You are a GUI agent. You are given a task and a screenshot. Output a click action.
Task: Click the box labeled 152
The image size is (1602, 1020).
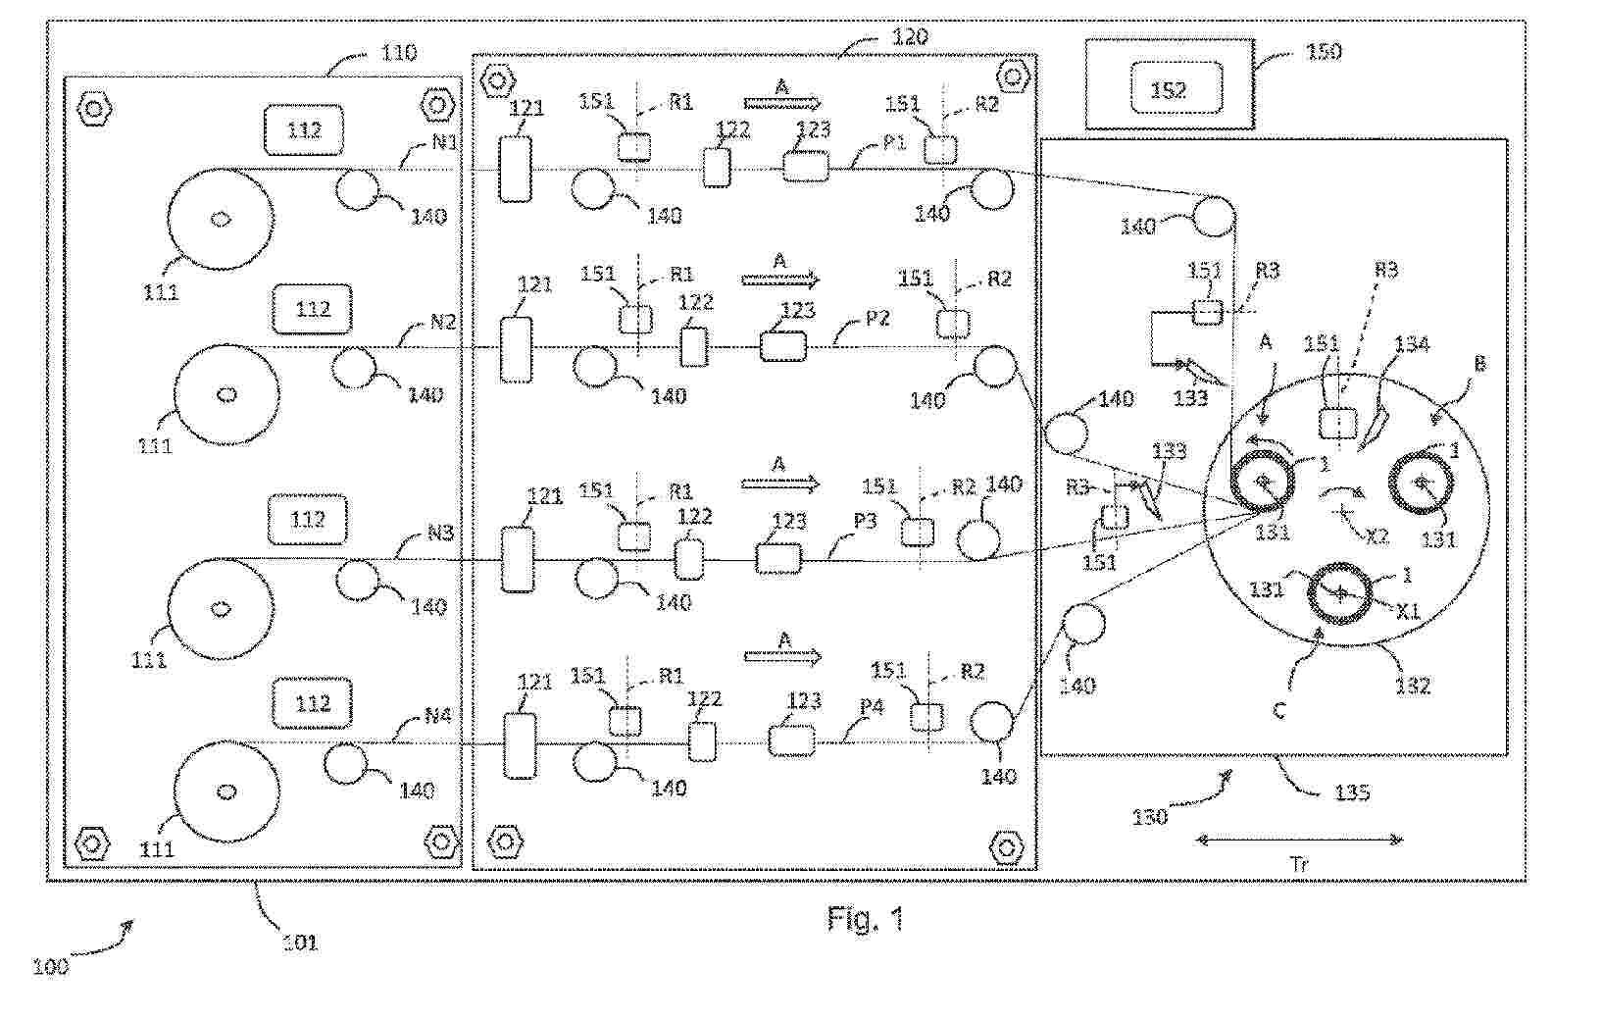pyautogui.click(x=1169, y=89)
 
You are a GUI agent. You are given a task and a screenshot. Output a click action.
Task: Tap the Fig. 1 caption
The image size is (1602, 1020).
pyautogui.click(x=865, y=919)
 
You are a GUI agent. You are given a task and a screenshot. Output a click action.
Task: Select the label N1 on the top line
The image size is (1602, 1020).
pyautogui.click(x=444, y=142)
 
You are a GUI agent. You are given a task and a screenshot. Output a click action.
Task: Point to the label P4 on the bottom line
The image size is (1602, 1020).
pyautogui.click(x=871, y=707)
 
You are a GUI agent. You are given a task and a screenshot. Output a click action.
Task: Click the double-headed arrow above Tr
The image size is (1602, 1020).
pyautogui.click(x=1299, y=840)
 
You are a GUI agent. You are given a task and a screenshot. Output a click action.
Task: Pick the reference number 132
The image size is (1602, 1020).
pyautogui.click(x=1413, y=686)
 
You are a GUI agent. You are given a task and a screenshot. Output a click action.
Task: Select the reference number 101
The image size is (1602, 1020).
pyautogui.click(x=299, y=943)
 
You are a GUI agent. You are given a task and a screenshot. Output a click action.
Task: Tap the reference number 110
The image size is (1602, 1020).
pyautogui.click(x=398, y=52)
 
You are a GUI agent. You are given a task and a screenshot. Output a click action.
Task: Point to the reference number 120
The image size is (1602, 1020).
pyautogui.click(x=909, y=37)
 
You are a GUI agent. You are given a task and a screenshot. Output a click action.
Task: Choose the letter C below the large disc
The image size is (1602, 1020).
pyautogui.click(x=1278, y=711)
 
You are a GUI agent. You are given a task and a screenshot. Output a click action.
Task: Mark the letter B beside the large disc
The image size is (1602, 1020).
pyautogui.click(x=1479, y=364)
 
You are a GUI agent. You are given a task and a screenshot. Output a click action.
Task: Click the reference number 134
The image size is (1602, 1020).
pyautogui.click(x=1412, y=343)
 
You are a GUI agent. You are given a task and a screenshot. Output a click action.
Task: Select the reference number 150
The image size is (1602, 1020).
pyautogui.click(x=1324, y=51)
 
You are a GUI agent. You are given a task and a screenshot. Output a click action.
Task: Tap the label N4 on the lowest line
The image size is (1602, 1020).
pyautogui.click(x=437, y=716)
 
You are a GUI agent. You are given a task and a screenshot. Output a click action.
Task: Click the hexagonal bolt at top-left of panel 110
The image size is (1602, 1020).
pyautogui.click(x=94, y=107)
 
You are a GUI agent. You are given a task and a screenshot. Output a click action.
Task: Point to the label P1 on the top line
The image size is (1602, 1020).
pyautogui.click(x=893, y=143)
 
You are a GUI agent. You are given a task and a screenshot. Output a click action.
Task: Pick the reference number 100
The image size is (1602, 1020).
pyautogui.click(x=50, y=966)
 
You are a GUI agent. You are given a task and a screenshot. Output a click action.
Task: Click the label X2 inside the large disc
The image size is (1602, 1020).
pyautogui.click(x=1377, y=535)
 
